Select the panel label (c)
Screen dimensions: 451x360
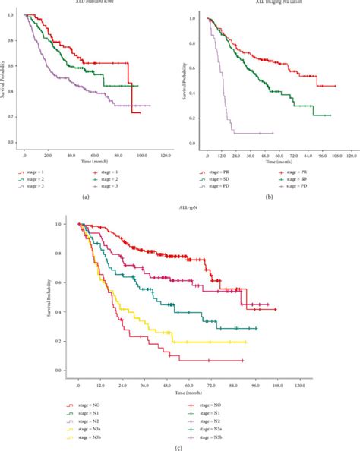coord(179,445)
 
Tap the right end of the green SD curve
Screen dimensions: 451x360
coord(330,115)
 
